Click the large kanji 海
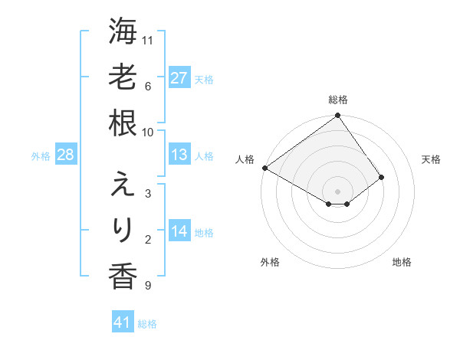[122, 33]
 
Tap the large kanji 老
[122, 77]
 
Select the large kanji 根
[122, 123]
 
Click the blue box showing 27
[179, 78]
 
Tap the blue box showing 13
[179, 155]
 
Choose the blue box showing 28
[66, 155]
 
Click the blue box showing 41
[123, 322]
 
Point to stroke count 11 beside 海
[149, 40]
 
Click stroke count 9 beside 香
[147, 286]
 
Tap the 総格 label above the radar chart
[337, 100]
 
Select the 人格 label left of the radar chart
[245, 159]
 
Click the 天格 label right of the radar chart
[431, 159]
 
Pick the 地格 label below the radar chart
[402, 262]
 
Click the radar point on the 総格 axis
[337, 116]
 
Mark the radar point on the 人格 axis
[264, 168]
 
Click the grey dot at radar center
[337, 191]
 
